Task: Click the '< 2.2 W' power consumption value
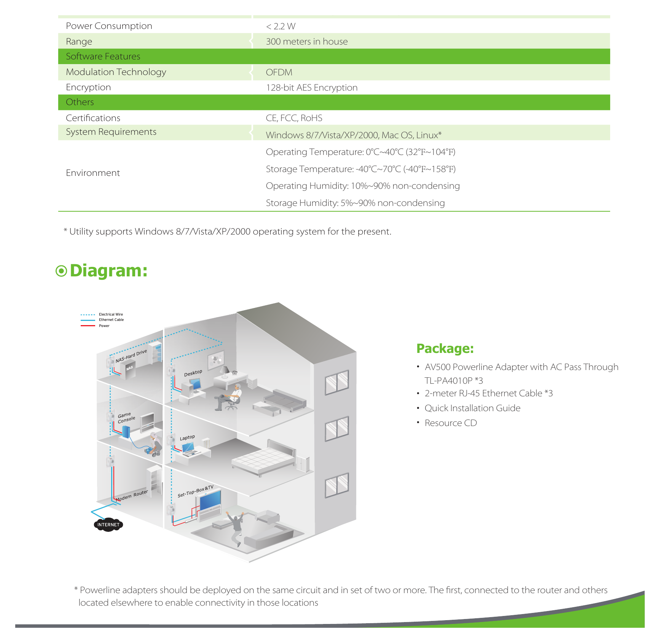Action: click(281, 26)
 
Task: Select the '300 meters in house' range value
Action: click(307, 41)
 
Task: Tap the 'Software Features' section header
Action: click(103, 56)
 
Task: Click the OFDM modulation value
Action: click(279, 72)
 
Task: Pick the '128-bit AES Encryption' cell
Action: click(312, 88)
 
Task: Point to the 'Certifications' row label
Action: click(93, 118)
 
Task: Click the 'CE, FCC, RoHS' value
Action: click(294, 118)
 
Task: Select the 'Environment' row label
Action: click(93, 173)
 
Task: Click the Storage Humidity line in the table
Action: click(355, 203)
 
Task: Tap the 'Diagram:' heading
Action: click(102, 271)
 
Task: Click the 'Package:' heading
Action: click(445, 349)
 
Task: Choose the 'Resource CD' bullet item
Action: click(451, 423)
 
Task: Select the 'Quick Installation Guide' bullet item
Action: click(472, 408)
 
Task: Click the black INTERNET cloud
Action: click(108, 525)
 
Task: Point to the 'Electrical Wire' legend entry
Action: click(111, 314)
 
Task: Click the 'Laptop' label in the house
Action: click(187, 438)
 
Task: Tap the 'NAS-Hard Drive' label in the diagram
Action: click(131, 356)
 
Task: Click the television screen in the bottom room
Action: click(210, 500)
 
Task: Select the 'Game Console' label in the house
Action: click(126, 418)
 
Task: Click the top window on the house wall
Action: click(337, 382)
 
